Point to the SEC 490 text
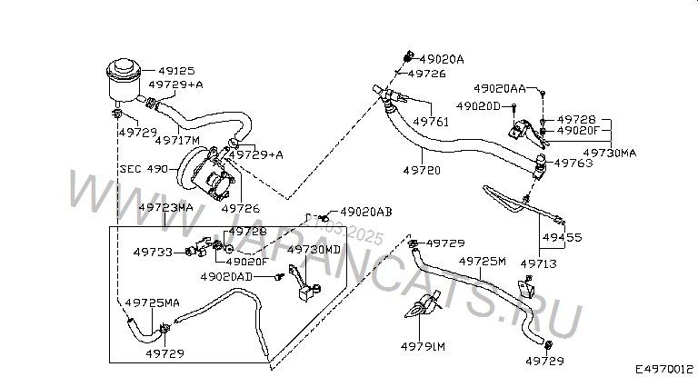pyautogui.click(x=144, y=169)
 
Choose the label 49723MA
pyautogui.click(x=165, y=207)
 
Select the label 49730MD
pyautogui.click(x=314, y=249)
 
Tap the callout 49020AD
pyautogui.click(x=226, y=275)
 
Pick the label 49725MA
pyautogui.click(x=152, y=302)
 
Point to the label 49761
pyautogui.click(x=431, y=121)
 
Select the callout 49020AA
pyautogui.click(x=499, y=88)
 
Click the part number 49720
pyautogui.click(x=422, y=170)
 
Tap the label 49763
pyautogui.click(x=573, y=164)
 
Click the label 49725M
pyautogui.click(x=482, y=261)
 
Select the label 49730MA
pyautogui.click(x=609, y=153)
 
